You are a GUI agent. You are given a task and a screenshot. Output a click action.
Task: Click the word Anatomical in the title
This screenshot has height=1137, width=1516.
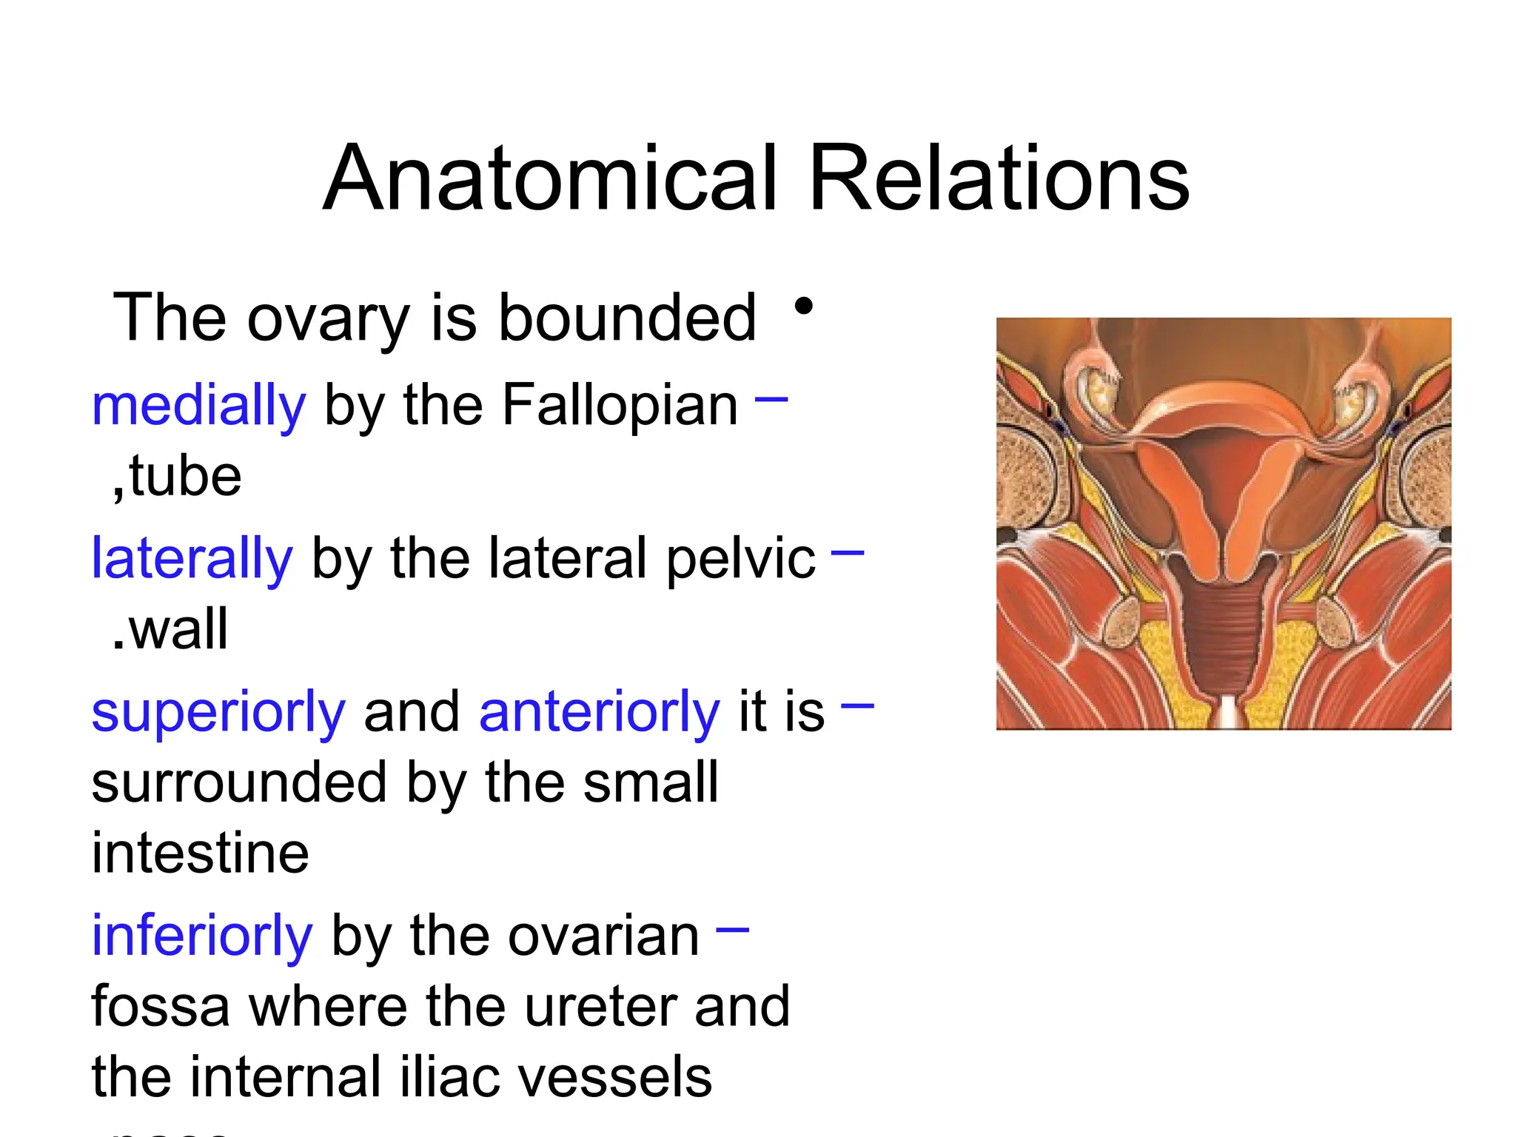pos(551,180)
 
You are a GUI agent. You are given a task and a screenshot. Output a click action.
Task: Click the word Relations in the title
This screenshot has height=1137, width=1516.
pos(999,180)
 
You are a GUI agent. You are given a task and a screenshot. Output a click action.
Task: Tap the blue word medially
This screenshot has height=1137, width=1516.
pos(198,406)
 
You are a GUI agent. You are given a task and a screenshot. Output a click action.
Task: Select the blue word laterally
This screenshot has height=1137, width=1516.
pos(192,559)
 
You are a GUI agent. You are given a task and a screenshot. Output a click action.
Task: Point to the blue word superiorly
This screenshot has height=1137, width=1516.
pos(218,712)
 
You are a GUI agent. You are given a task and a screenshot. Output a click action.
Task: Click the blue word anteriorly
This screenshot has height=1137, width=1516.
pos(600,712)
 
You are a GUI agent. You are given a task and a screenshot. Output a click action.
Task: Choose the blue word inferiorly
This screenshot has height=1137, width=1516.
pos(202,936)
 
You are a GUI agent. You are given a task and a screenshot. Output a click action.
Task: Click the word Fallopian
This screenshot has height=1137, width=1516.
pos(620,406)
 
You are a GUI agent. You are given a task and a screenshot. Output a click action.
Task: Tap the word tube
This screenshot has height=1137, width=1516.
pos(185,477)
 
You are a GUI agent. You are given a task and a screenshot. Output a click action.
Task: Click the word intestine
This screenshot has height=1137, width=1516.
pos(200,853)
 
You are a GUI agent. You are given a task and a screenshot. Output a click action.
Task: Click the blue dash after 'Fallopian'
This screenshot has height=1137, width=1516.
pos(771,399)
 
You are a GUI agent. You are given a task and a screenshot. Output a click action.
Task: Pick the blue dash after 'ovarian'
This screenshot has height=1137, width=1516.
pos(733,930)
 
